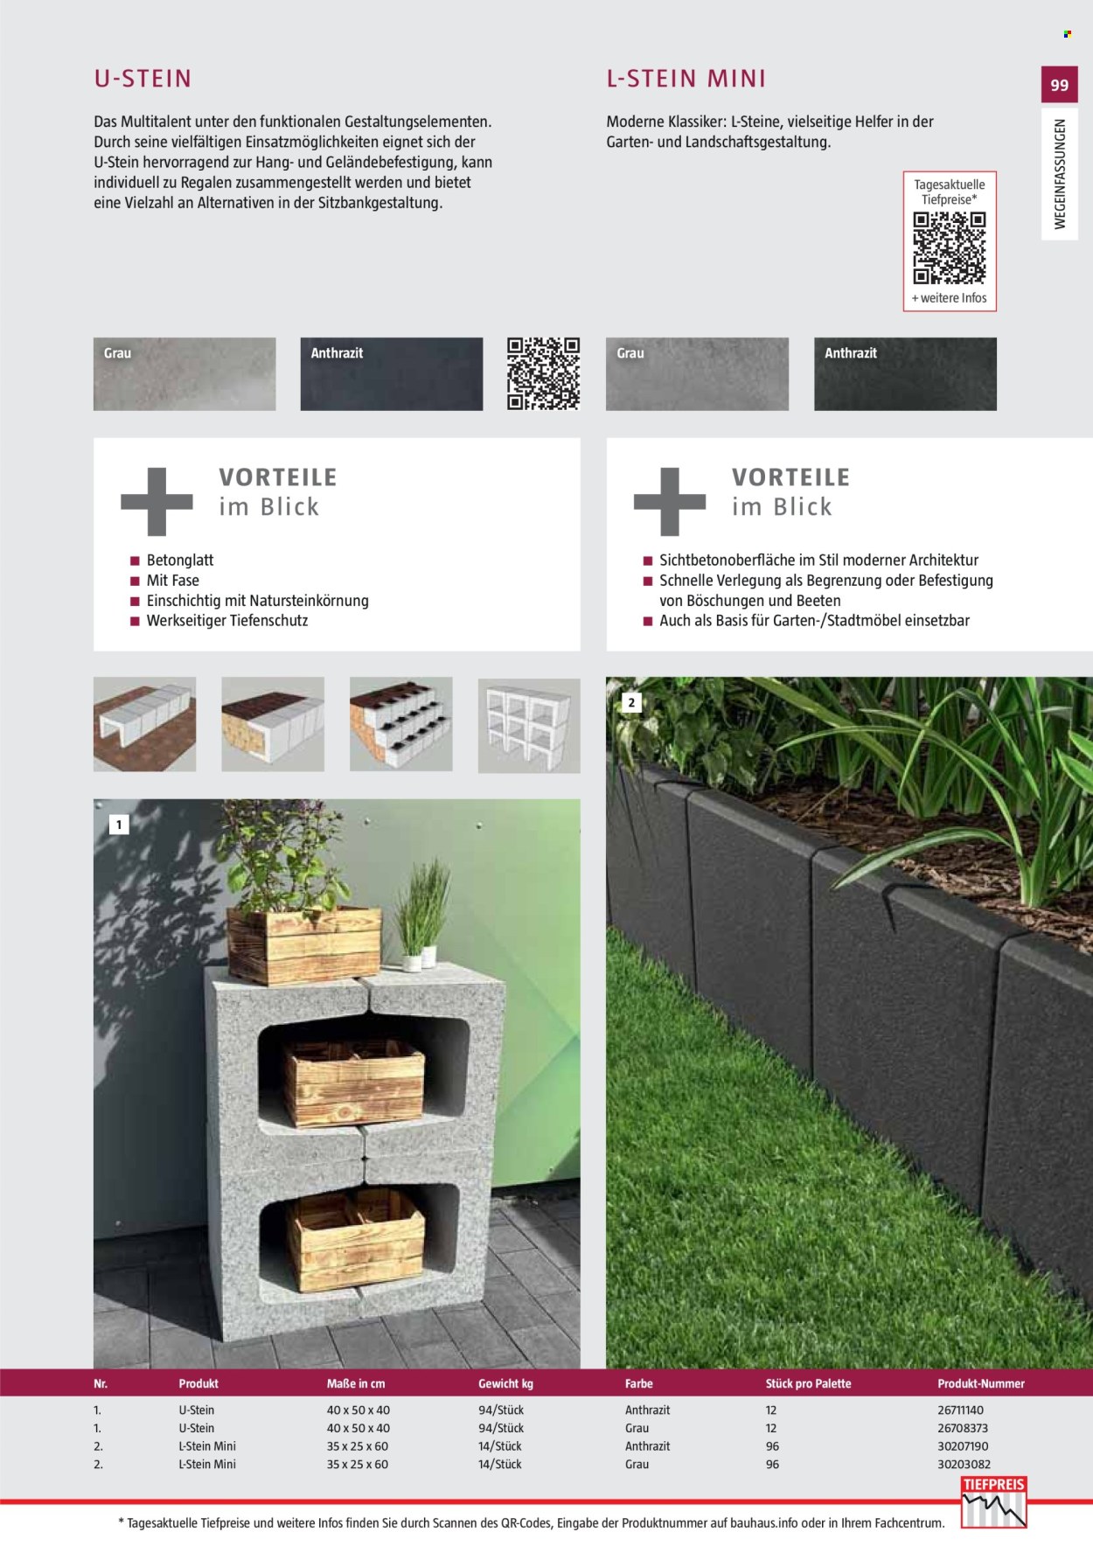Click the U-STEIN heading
[x=143, y=79]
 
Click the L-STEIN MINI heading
[x=686, y=79]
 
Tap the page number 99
[x=1060, y=85]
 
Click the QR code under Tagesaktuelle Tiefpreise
[x=950, y=248]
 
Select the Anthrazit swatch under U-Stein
[x=392, y=373]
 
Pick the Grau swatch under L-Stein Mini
[x=697, y=373]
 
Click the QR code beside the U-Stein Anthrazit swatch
[x=544, y=373]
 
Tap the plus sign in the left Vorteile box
[x=157, y=501]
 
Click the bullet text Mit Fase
[x=173, y=581]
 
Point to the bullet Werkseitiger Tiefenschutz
[x=227, y=621]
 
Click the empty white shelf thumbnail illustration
[x=529, y=726]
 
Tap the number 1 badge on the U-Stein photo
[x=119, y=824]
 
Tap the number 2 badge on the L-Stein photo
[x=631, y=702]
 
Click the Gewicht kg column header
[x=505, y=1383]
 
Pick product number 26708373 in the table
[x=963, y=1428]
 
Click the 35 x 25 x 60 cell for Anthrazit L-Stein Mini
[x=358, y=1446]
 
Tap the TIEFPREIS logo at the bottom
[x=993, y=1502]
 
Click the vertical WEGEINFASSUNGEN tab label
[x=1060, y=174]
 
